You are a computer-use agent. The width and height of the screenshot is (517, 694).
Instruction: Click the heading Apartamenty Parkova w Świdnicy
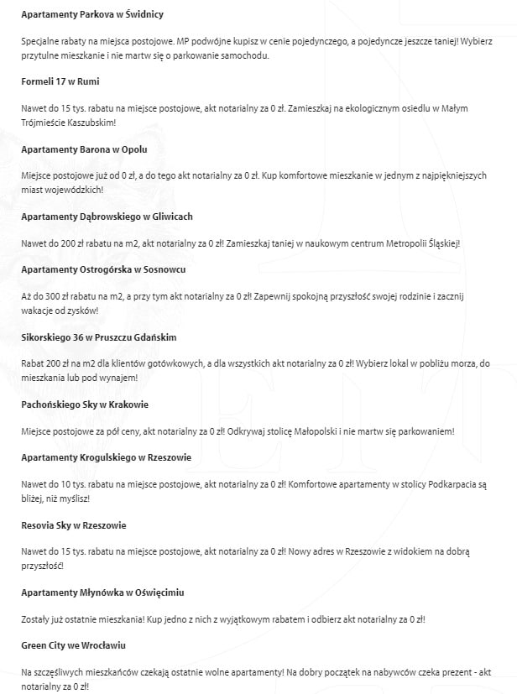click(92, 15)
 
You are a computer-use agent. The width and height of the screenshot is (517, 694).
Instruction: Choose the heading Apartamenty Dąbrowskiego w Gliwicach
click(107, 217)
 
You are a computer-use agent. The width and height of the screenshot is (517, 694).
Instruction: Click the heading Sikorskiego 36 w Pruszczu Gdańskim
click(99, 337)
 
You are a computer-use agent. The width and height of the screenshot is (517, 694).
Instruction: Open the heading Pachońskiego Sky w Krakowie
click(85, 404)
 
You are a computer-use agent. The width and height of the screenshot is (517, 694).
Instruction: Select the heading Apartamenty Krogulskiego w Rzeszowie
click(106, 458)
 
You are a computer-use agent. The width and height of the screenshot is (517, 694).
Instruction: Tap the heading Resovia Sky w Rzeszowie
click(73, 525)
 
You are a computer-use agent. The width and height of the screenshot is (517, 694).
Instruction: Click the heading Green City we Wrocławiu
click(73, 645)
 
